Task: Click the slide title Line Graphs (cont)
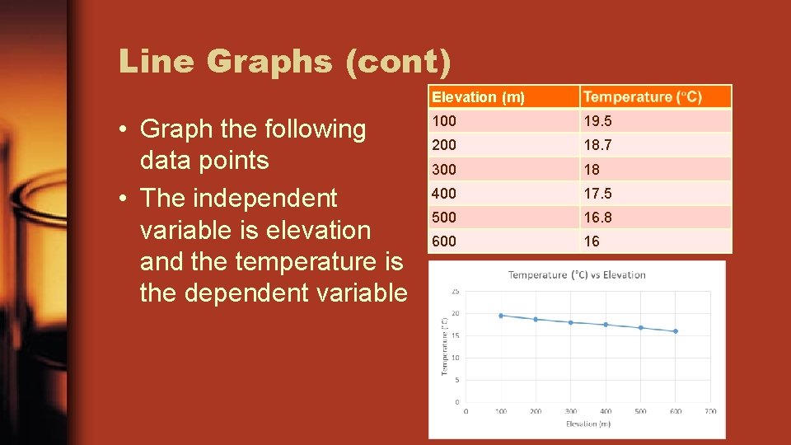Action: coord(284,61)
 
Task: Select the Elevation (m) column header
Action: coord(478,97)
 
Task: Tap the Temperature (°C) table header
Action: coord(643,97)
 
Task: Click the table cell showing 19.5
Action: coord(597,121)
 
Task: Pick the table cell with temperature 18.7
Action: coord(597,145)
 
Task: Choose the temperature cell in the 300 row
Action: coord(592,170)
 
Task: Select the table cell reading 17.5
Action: coord(597,194)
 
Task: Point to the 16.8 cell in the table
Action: coord(597,218)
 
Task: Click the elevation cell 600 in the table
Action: coord(443,241)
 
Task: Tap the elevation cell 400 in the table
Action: coord(443,194)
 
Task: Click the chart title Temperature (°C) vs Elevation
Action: coord(577,275)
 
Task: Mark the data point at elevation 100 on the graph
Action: coord(501,316)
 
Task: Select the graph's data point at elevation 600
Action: coord(676,331)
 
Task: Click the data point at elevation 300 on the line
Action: coord(571,322)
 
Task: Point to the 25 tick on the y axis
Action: coord(455,292)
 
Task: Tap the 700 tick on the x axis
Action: coord(710,411)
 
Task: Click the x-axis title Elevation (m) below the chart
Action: coord(587,424)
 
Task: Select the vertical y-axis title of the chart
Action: coord(445,346)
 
